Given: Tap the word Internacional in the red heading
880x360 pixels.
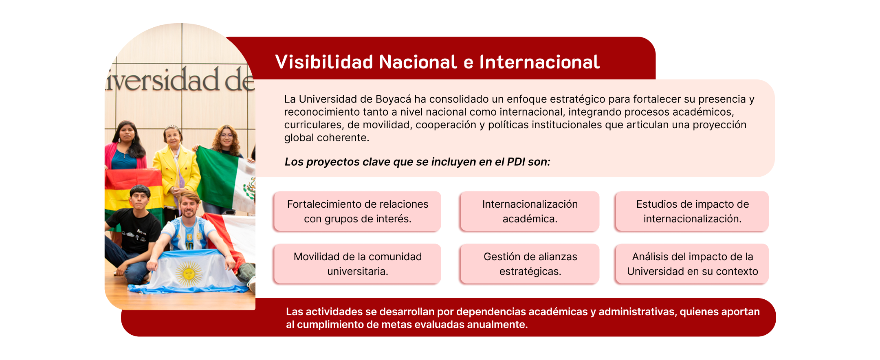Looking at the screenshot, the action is [x=539, y=62].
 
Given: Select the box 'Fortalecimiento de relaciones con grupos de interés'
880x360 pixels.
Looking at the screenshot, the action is [x=357, y=211].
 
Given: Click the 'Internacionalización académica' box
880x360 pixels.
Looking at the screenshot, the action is [x=530, y=211].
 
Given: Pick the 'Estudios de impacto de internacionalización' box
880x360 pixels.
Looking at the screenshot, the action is [x=692, y=211].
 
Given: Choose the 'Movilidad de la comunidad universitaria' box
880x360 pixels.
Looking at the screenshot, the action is [x=357, y=264].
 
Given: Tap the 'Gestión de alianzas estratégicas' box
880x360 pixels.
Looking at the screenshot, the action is [x=530, y=264].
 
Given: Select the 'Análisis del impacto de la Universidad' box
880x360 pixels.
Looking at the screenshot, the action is [x=692, y=264].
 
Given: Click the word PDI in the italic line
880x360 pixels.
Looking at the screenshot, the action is [x=516, y=162].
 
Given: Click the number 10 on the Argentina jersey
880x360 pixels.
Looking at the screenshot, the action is [x=189, y=246].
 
